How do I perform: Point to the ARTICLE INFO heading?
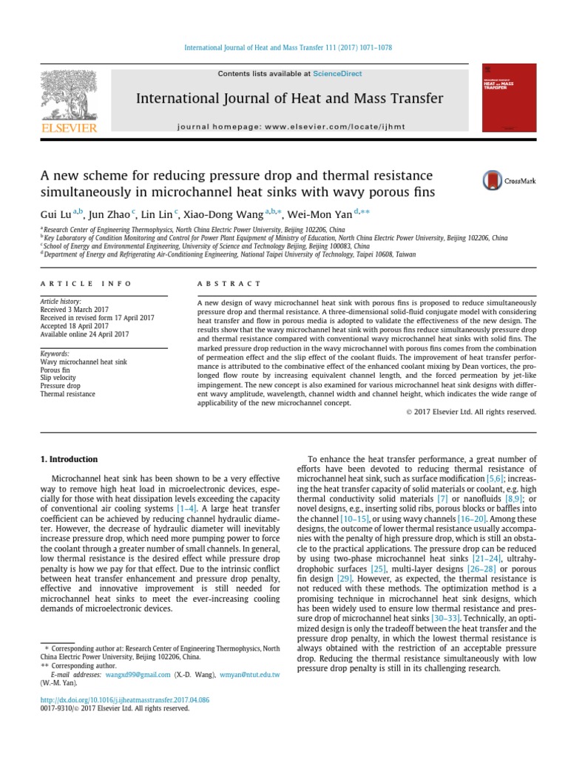(x=86, y=284)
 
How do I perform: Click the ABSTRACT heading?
(x=229, y=284)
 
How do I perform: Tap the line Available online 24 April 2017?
(x=84, y=334)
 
